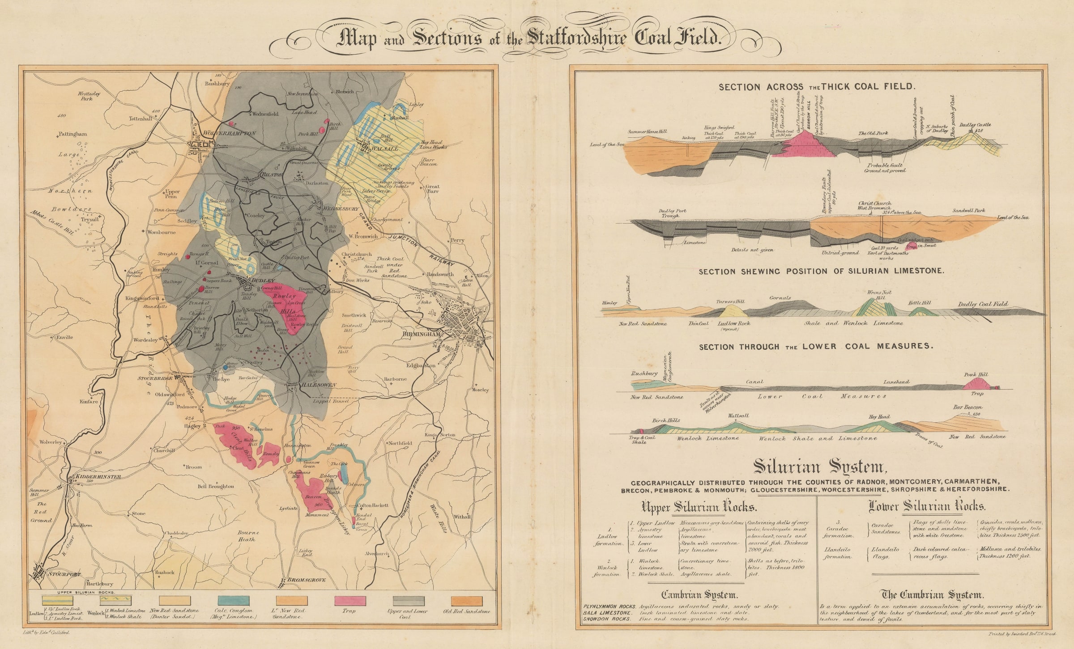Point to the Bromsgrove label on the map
pyautogui.click(x=306, y=580)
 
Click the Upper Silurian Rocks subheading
pyautogui.click(x=699, y=508)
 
